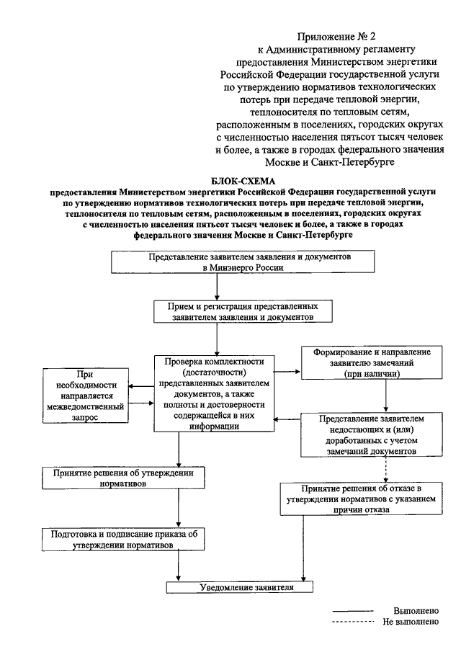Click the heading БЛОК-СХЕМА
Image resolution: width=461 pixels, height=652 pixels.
click(243, 182)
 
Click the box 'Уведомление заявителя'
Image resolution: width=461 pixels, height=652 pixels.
click(239, 587)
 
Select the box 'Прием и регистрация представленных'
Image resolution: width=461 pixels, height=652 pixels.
click(243, 312)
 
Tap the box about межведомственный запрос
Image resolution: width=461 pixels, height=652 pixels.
click(86, 396)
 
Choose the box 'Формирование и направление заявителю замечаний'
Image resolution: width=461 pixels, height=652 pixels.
click(372, 362)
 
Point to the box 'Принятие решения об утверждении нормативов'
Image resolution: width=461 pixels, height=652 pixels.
click(123, 478)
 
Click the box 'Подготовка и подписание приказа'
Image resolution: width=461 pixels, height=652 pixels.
click(123, 540)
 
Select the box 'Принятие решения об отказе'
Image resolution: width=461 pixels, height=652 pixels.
click(361, 499)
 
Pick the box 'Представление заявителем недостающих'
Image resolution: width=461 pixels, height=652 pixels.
click(372, 434)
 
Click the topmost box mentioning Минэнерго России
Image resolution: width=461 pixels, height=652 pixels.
click(243, 262)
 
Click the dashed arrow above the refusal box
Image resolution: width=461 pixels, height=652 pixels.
click(386, 470)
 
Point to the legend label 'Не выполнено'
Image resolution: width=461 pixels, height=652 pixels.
click(411, 622)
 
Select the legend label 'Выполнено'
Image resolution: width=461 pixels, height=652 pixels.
click(416, 611)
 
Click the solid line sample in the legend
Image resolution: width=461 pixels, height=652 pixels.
click(353, 611)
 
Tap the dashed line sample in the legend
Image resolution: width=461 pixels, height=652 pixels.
click(353, 622)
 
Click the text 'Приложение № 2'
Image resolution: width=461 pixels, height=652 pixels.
click(336, 37)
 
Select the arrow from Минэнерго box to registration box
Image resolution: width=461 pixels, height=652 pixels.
click(217, 287)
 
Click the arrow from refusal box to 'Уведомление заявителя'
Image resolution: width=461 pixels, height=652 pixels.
click(303, 548)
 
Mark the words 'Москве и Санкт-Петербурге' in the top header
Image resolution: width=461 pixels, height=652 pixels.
click(330, 162)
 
